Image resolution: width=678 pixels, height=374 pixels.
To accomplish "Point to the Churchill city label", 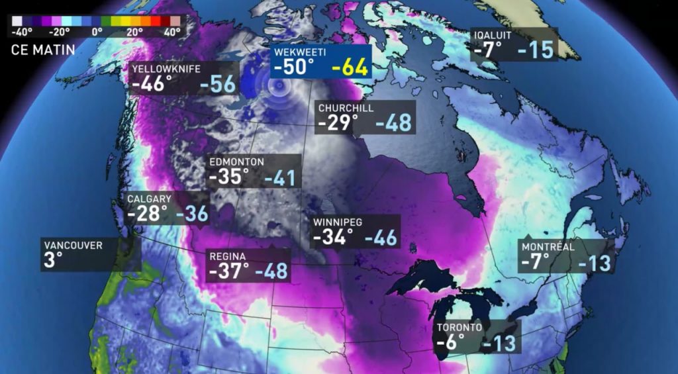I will pyautogui.click(x=346, y=108).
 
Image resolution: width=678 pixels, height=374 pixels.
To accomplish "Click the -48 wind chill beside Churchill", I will pyautogui.click(x=393, y=123).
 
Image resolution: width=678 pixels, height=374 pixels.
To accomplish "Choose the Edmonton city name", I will pyautogui.click(x=236, y=162).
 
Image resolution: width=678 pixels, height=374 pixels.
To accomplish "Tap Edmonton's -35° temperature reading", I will pyautogui.click(x=228, y=177).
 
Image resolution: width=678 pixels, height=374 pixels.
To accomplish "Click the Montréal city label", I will pyautogui.click(x=548, y=247).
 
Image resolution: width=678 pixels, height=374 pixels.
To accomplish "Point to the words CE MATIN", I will pyautogui.click(x=43, y=49).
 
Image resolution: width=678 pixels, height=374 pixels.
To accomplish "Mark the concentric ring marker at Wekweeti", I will pyautogui.click(x=279, y=87).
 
